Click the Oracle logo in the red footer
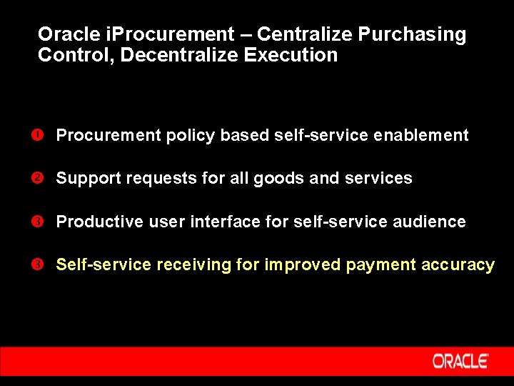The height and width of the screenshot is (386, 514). click(460, 361)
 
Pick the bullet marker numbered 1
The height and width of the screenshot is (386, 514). click(43, 135)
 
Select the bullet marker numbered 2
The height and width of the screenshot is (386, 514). click(43, 178)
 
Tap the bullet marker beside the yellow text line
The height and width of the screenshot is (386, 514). click(43, 264)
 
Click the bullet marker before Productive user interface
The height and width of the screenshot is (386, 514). click(43, 222)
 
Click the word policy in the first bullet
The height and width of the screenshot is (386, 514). click(191, 136)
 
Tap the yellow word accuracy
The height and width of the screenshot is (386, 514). click(458, 265)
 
